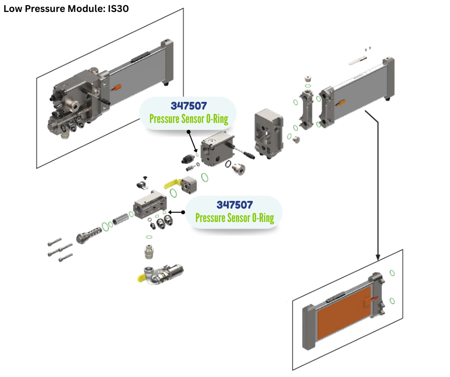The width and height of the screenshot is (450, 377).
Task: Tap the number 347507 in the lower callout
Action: [x=235, y=205]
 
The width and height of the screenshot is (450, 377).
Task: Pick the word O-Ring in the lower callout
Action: [x=261, y=218]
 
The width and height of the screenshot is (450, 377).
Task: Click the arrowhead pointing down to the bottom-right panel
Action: [x=379, y=254]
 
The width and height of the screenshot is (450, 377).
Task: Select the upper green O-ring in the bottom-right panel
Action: [x=392, y=273]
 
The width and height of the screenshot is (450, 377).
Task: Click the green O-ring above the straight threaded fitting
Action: [x=149, y=236]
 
